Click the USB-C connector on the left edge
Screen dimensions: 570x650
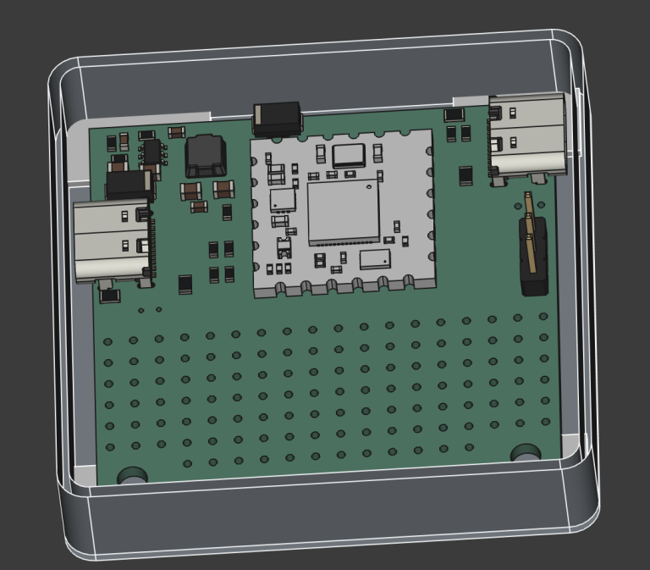tap(112, 241)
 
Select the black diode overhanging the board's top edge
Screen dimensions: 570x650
tap(277, 118)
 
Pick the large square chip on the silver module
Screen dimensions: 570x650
tap(343, 212)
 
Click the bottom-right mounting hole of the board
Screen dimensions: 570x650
tap(526, 454)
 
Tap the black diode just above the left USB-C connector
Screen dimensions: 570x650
tap(129, 184)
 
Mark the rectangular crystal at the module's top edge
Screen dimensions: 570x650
tap(348, 155)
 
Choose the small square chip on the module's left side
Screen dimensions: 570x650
tap(283, 200)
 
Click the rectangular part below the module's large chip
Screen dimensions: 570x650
tap(375, 259)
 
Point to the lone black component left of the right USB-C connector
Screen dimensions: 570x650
tap(465, 175)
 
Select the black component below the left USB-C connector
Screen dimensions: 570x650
tap(110, 296)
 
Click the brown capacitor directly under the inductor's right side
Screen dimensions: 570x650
tap(223, 188)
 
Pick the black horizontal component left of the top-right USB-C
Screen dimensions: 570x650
tap(454, 113)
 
